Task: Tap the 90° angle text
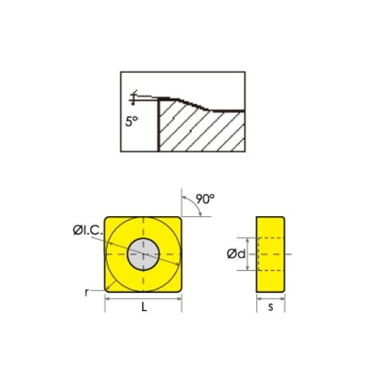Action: click(206, 199)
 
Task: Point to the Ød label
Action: click(235, 253)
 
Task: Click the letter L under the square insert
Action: click(143, 309)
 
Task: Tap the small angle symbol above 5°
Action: click(134, 99)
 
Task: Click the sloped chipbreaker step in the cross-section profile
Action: click(193, 104)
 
